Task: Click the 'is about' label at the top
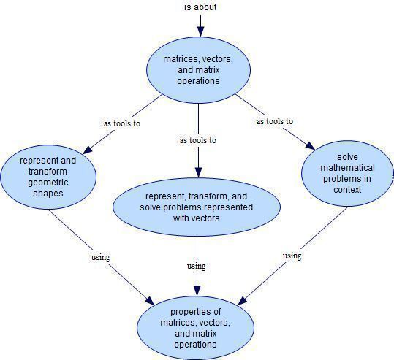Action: pyautogui.click(x=200, y=7)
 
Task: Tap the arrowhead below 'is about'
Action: pyautogui.click(x=200, y=31)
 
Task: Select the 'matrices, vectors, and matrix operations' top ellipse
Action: pyautogui.click(x=199, y=70)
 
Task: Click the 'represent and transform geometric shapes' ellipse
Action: pyautogui.click(x=48, y=177)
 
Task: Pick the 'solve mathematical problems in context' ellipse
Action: pyautogui.click(x=347, y=173)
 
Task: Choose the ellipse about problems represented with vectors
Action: pyautogui.click(x=197, y=207)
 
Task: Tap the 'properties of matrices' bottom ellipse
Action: pyautogui.click(x=195, y=328)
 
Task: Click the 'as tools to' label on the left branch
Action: pyautogui.click(x=122, y=123)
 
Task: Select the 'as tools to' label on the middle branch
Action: pyautogui.click(x=198, y=140)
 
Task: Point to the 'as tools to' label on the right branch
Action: pyautogui.click(x=275, y=121)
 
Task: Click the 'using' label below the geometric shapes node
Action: pyautogui.click(x=101, y=257)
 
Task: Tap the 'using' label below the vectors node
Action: pyautogui.click(x=196, y=266)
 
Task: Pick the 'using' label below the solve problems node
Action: pyautogui.click(x=292, y=256)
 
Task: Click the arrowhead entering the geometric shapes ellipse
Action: pyautogui.click(x=88, y=150)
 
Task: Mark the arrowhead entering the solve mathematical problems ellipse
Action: pyautogui.click(x=310, y=145)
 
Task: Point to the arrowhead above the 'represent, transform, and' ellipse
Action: pyautogui.click(x=199, y=172)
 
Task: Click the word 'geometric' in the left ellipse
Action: pyautogui.click(x=48, y=183)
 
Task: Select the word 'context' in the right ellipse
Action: pyautogui.click(x=347, y=190)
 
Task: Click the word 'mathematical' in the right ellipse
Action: pyautogui.click(x=347, y=168)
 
